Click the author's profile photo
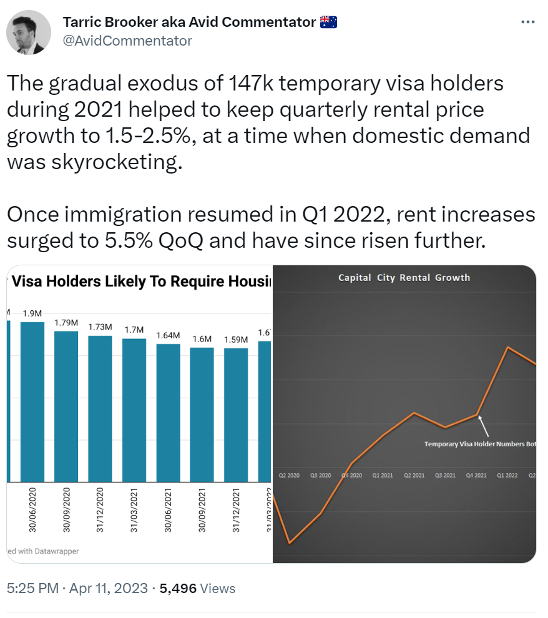point(29,32)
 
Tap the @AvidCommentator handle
point(127,41)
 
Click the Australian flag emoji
point(328,22)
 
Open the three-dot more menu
point(527,22)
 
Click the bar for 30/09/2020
point(66,406)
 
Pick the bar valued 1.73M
point(100,408)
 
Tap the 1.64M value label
point(168,335)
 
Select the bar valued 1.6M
point(202,414)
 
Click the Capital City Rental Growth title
point(404,278)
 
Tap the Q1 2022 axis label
point(507,476)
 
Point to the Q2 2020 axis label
point(289,476)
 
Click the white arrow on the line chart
point(482,427)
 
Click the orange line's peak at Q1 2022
point(508,347)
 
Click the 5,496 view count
point(179,588)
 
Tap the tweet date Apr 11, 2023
point(107,588)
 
